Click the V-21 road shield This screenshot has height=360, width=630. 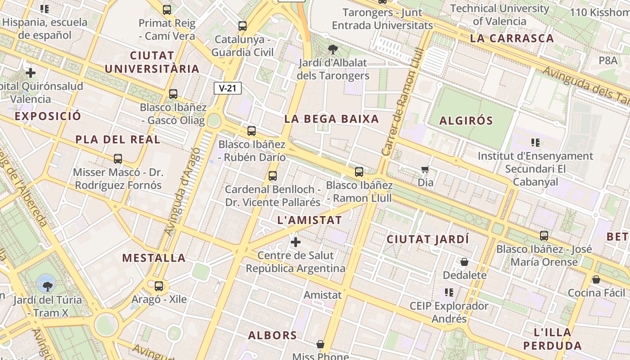point(227,88)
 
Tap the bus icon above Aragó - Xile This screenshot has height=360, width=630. point(158,286)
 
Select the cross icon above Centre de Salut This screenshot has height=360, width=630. point(296,243)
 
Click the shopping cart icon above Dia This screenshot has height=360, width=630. point(425,170)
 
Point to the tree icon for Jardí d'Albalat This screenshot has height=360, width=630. point(333,49)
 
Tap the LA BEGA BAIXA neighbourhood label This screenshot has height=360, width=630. point(332,119)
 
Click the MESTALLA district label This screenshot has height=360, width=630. point(154,258)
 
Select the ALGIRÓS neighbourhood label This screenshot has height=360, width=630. point(466,121)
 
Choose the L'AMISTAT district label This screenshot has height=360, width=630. point(310,220)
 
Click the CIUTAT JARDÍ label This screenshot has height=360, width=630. point(428,239)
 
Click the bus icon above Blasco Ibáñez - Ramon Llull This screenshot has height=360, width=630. point(359,171)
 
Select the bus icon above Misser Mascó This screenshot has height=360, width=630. point(118,159)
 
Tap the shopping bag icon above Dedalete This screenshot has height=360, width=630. point(464,262)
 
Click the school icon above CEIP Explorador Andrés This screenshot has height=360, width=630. point(449,292)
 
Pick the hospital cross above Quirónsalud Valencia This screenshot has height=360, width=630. point(31,72)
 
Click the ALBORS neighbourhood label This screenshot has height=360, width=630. point(273,335)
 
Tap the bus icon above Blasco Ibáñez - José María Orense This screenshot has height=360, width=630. point(544,235)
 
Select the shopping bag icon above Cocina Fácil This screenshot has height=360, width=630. point(596,279)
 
